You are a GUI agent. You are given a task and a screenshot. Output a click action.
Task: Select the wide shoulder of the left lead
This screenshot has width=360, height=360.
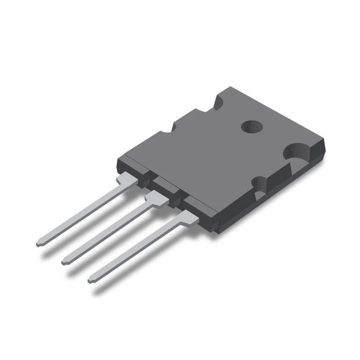126,180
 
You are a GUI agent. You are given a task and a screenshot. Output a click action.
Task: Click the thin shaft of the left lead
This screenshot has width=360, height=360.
80,214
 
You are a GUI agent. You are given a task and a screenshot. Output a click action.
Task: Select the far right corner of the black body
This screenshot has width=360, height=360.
323,141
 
